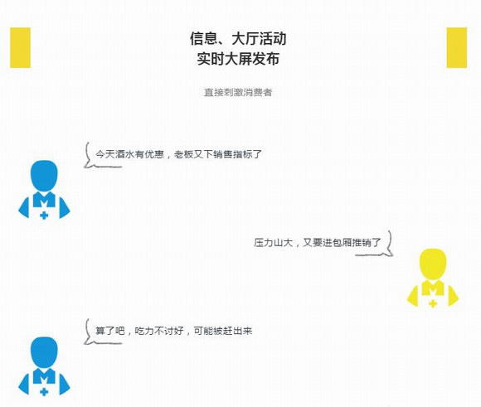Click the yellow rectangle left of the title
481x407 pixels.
(20, 47)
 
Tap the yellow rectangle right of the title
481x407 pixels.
(456, 47)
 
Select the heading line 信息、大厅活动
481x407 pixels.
(238, 39)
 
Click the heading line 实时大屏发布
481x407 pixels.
(238, 59)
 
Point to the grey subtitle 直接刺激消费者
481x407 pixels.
(238, 92)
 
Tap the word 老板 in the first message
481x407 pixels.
(183, 154)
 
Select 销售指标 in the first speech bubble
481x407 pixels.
(232, 154)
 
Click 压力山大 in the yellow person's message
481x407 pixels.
(273, 243)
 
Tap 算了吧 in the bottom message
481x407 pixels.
(110, 331)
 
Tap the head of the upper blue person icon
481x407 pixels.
(44, 176)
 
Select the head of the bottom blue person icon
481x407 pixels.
(44, 352)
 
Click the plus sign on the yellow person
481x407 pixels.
(433, 303)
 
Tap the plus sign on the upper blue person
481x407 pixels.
(44, 216)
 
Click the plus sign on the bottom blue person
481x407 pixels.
(44, 391)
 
